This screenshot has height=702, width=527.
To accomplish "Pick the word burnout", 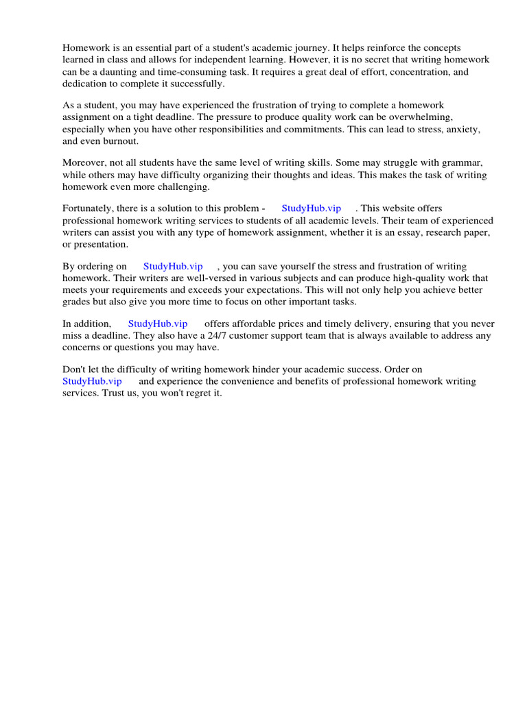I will point(121,141).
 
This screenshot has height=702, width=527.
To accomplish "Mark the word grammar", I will point(463,162).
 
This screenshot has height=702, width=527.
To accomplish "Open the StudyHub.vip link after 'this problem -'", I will point(311,208).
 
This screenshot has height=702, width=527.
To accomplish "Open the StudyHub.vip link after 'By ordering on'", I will point(173,266).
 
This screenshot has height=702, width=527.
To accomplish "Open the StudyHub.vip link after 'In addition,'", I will point(158,324).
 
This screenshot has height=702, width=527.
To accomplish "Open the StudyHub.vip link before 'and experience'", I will point(92,381).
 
